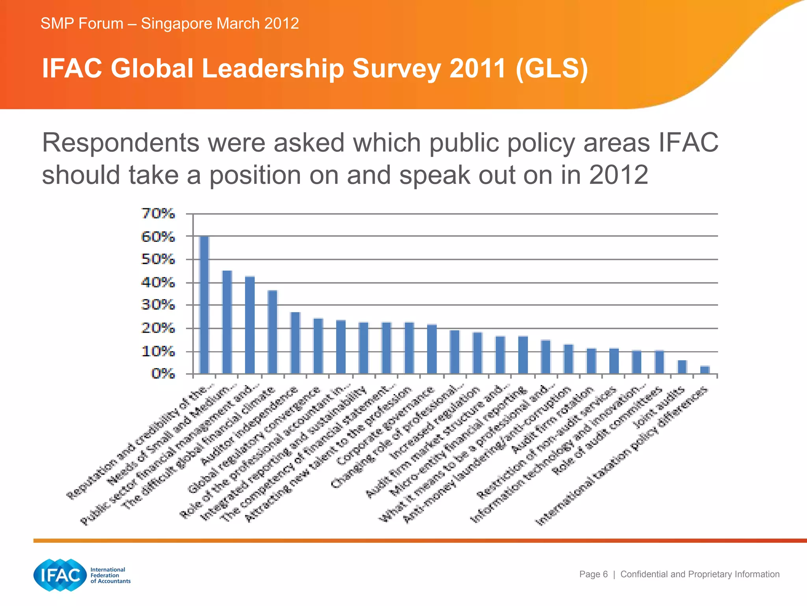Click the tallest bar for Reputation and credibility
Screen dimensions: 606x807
(x=204, y=305)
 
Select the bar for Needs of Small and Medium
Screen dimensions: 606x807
(x=227, y=322)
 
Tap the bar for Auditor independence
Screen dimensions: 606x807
(x=295, y=342)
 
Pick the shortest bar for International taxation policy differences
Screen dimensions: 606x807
(x=705, y=370)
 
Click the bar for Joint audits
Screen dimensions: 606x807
(x=682, y=367)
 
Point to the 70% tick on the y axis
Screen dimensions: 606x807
(x=158, y=214)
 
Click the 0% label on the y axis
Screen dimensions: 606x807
(x=163, y=373)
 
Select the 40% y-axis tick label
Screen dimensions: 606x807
(x=158, y=282)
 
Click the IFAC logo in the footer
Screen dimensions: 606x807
(x=60, y=575)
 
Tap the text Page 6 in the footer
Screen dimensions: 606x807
(x=593, y=574)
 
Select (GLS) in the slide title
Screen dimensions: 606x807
(x=551, y=69)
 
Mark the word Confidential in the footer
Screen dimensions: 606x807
(x=644, y=574)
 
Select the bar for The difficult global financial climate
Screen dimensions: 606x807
(x=273, y=332)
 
